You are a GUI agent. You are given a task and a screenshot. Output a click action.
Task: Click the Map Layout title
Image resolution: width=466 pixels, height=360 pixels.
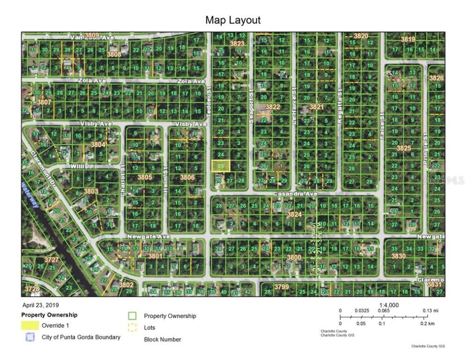coord(233,20)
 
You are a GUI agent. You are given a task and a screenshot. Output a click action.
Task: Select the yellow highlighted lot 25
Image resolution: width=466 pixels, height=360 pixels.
coord(221,165)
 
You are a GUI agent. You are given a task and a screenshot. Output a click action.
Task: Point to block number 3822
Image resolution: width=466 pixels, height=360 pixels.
coord(273,107)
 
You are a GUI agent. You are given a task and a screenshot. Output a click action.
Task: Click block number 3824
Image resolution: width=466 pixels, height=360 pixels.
coord(294,214)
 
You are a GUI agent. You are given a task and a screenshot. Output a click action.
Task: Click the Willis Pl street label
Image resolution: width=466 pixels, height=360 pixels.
coord(70,166)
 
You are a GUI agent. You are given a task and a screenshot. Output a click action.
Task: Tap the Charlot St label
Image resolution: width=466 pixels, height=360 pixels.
coord(123,180)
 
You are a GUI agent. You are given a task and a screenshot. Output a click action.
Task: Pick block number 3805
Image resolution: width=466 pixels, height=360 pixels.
coord(145,177)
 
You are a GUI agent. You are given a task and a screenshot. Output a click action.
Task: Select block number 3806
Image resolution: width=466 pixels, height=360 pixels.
coord(187,177)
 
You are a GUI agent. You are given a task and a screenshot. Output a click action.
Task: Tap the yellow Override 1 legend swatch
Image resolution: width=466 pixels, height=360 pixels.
coord(30,325)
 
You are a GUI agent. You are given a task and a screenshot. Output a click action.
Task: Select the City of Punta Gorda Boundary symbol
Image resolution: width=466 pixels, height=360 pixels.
coord(30,337)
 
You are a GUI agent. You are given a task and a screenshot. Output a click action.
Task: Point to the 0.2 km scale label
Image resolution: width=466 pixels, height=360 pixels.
coord(427,323)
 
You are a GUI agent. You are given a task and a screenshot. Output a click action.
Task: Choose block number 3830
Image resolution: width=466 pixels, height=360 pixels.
coord(398,256)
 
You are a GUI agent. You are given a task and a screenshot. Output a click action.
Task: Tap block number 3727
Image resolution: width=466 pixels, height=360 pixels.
coord(52,259)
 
